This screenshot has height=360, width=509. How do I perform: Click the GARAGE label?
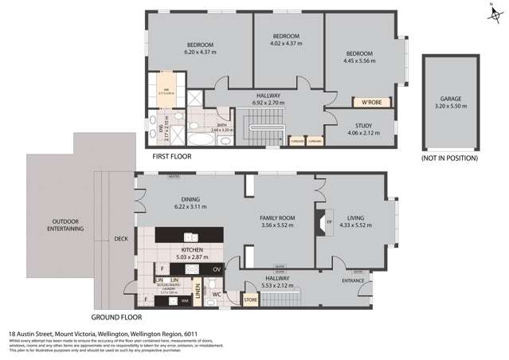coord(451,99)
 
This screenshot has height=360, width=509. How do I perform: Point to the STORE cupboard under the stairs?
coord(251,300)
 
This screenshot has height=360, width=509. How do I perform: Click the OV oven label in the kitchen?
coord(217,270)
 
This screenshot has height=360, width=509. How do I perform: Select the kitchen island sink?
coord(190,237)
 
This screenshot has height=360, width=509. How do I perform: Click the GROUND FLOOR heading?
coord(116,316)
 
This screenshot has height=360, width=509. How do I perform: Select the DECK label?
coord(120,238)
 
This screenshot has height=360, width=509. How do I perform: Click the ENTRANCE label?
coord(353,280)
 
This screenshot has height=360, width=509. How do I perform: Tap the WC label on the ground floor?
coord(216,294)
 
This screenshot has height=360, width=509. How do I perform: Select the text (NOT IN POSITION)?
coord(450,158)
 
